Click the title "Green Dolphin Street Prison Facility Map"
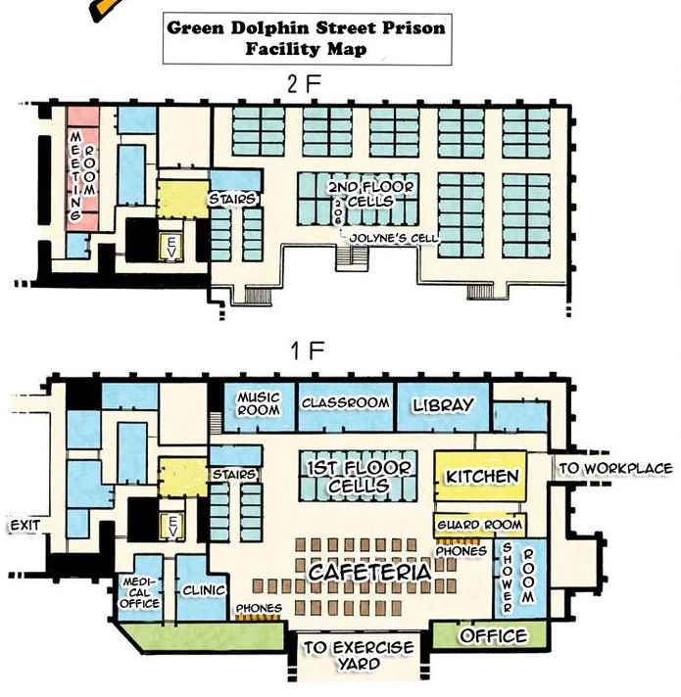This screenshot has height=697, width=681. coord(306,38)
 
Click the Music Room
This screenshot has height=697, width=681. coord(259,403)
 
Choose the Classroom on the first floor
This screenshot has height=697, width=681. coord(345,402)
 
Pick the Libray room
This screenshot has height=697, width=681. coord(443,404)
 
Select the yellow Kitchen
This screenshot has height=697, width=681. coord(481,476)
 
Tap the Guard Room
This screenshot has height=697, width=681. coord(480,525)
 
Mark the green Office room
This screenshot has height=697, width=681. coord(494,636)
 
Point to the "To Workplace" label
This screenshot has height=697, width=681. coord(615,469)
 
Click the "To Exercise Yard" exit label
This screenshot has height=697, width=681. coord(357,656)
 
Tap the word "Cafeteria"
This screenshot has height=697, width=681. coord(369,572)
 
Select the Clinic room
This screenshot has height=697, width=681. coord(203,589)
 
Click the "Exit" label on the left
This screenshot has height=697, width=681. coord(24,526)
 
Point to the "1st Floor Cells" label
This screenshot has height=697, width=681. coord(347,477)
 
